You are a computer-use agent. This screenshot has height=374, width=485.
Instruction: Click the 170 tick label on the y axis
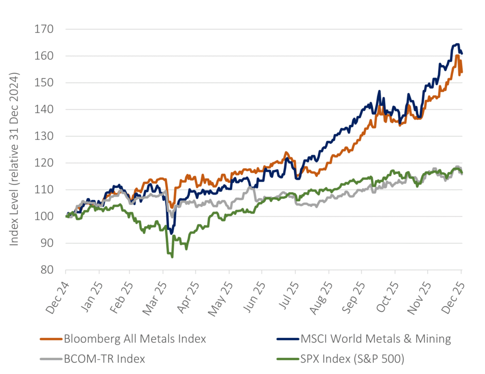pyautogui.click(x=44, y=29)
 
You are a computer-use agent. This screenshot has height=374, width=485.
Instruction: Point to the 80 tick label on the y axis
pyautogui.click(x=47, y=270)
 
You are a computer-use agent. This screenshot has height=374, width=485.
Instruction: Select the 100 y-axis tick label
pyautogui.click(x=44, y=217)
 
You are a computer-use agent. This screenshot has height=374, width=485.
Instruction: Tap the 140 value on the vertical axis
pyautogui.click(x=44, y=110)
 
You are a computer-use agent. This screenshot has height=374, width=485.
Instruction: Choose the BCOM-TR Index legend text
pyautogui.click(x=104, y=359)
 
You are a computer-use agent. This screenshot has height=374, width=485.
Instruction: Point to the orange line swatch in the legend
pyautogui.click(x=50, y=339)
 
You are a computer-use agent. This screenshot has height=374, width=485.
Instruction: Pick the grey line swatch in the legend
pyautogui.click(x=50, y=359)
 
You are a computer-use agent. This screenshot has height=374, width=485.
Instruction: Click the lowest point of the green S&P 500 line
pyautogui.click(x=172, y=257)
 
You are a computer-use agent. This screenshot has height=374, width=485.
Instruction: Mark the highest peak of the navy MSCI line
pyautogui.click(x=458, y=45)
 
